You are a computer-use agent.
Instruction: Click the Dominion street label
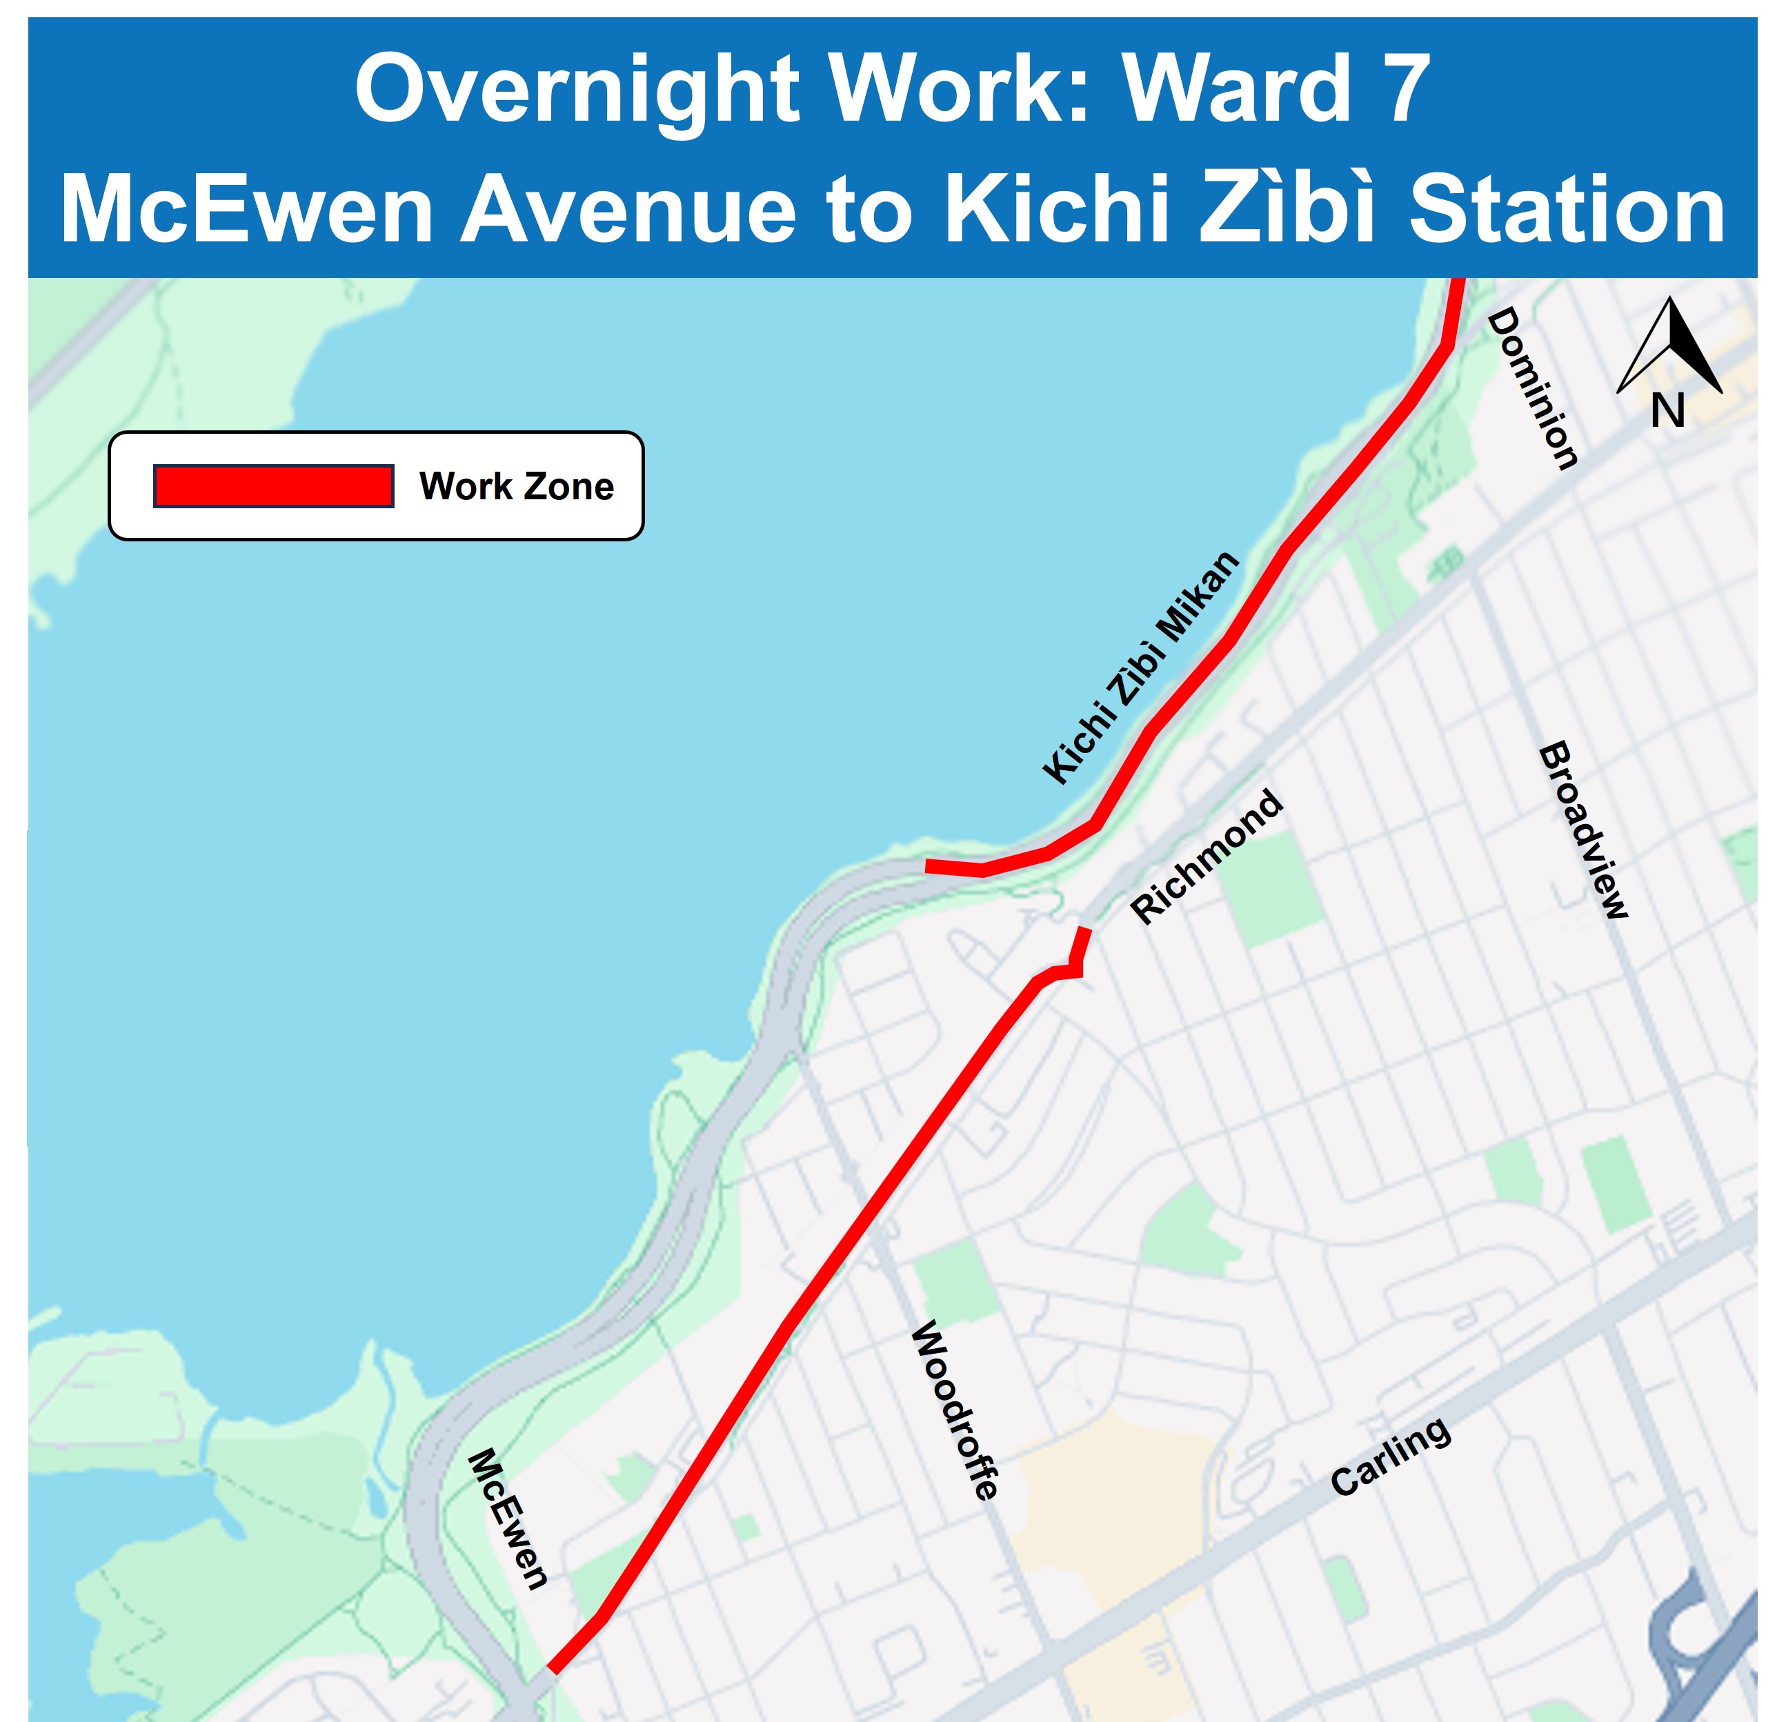pyautogui.click(x=1533, y=388)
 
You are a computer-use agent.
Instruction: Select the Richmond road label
pyautogui.click(x=1207, y=857)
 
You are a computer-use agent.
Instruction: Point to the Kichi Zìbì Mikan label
pyautogui.click(x=1141, y=667)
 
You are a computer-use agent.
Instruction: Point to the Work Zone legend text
pyautogui.click(x=517, y=487)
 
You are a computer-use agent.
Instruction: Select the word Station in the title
pyautogui.click(x=1567, y=210)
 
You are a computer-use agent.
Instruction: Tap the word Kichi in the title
pyautogui.click(x=1057, y=210)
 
